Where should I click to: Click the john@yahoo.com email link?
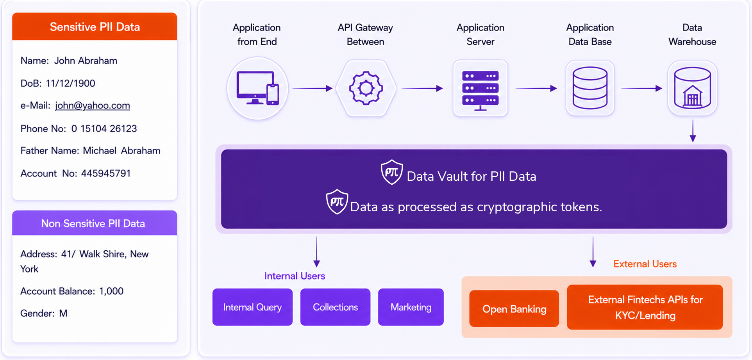[x=93, y=105]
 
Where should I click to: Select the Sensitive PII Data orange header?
[x=95, y=27]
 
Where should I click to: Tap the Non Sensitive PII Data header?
[x=95, y=223]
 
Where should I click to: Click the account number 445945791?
[x=106, y=173]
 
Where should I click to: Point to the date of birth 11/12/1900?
[x=70, y=83]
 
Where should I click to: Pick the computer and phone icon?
[x=257, y=88]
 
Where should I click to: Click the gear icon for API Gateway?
[x=366, y=88]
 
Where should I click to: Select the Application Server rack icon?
[x=480, y=91]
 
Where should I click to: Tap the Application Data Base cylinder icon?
[x=590, y=88]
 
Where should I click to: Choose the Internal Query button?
[x=252, y=307]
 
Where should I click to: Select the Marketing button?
[x=411, y=307]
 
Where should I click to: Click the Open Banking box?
[x=514, y=309]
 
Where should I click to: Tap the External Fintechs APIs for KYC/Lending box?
[x=645, y=307]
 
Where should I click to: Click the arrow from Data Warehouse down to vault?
[x=693, y=131]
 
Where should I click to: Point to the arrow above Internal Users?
[x=317, y=251]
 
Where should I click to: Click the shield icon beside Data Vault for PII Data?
[x=392, y=172]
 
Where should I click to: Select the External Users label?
[x=645, y=264]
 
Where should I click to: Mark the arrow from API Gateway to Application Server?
[x=422, y=88]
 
